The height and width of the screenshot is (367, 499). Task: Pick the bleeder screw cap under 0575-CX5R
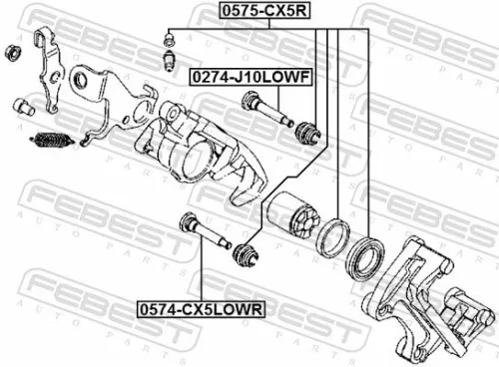[x=170, y=40]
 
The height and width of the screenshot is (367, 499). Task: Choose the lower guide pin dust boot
[x=243, y=254]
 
